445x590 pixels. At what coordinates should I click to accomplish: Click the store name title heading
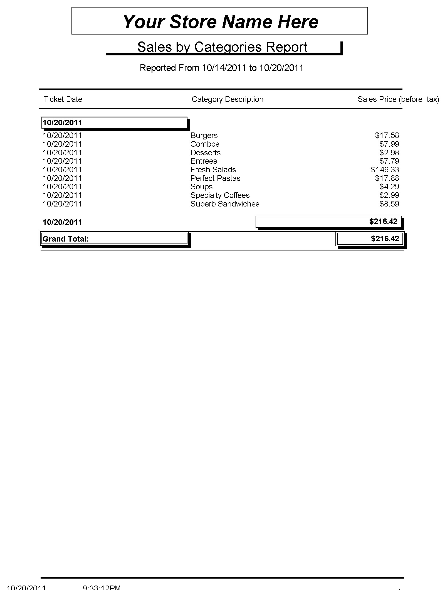point(220,21)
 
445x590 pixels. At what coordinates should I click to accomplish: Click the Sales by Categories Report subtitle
point(222,47)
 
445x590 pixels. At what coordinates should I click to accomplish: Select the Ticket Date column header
point(63,99)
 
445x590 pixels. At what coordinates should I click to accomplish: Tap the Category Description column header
point(227,99)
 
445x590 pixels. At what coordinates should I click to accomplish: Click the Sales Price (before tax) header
point(398,99)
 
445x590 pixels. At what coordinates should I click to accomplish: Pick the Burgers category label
point(204,136)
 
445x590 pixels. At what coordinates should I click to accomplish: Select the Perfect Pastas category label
point(215,178)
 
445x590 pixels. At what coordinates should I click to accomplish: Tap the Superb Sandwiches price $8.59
point(389,204)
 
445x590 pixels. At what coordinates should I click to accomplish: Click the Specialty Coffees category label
point(220,195)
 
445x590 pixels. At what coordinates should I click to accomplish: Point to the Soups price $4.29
point(389,187)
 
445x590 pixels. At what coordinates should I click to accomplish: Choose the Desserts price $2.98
point(389,153)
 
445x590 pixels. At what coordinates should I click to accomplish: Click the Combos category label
point(205,144)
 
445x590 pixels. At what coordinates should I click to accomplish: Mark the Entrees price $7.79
point(389,161)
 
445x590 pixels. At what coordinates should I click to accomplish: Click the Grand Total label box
point(114,239)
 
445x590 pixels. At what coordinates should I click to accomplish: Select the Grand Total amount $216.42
point(385,239)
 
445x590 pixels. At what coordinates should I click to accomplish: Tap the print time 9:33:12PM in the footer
point(102,587)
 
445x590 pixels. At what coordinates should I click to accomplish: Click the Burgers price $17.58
point(387,136)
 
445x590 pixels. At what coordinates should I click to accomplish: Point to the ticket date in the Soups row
point(62,187)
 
